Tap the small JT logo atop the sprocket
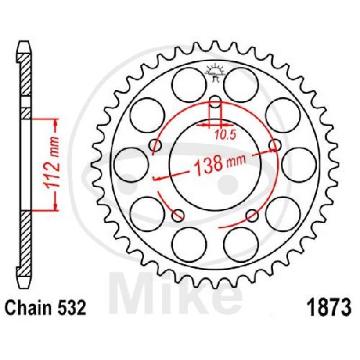(x=215, y=72)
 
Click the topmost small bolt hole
(x=215, y=102)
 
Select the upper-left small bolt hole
(x=155, y=145)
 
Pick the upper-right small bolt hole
(x=275, y=145)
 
